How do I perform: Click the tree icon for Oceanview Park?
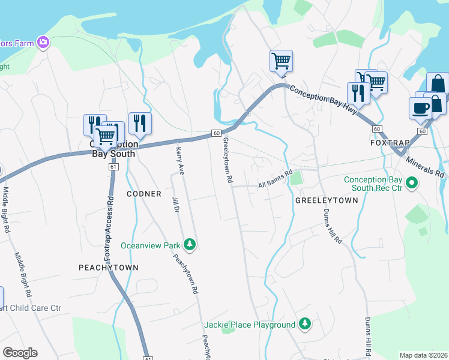click(190, 244)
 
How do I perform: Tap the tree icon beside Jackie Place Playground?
click(306, 324)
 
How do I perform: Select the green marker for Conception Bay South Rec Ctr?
click(412, 182)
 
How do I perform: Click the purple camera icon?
click(43, 42)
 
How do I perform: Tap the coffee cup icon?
click(420, 109)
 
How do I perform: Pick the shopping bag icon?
click(438, 85)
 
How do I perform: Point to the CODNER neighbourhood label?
click(144, 194)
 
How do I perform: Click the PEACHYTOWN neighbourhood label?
click(109, 267)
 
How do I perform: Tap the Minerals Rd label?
click(425, 167)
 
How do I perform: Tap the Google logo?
click(20, 353)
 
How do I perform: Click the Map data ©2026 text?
click(423, 355)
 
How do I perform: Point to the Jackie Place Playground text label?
click(250, 325)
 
